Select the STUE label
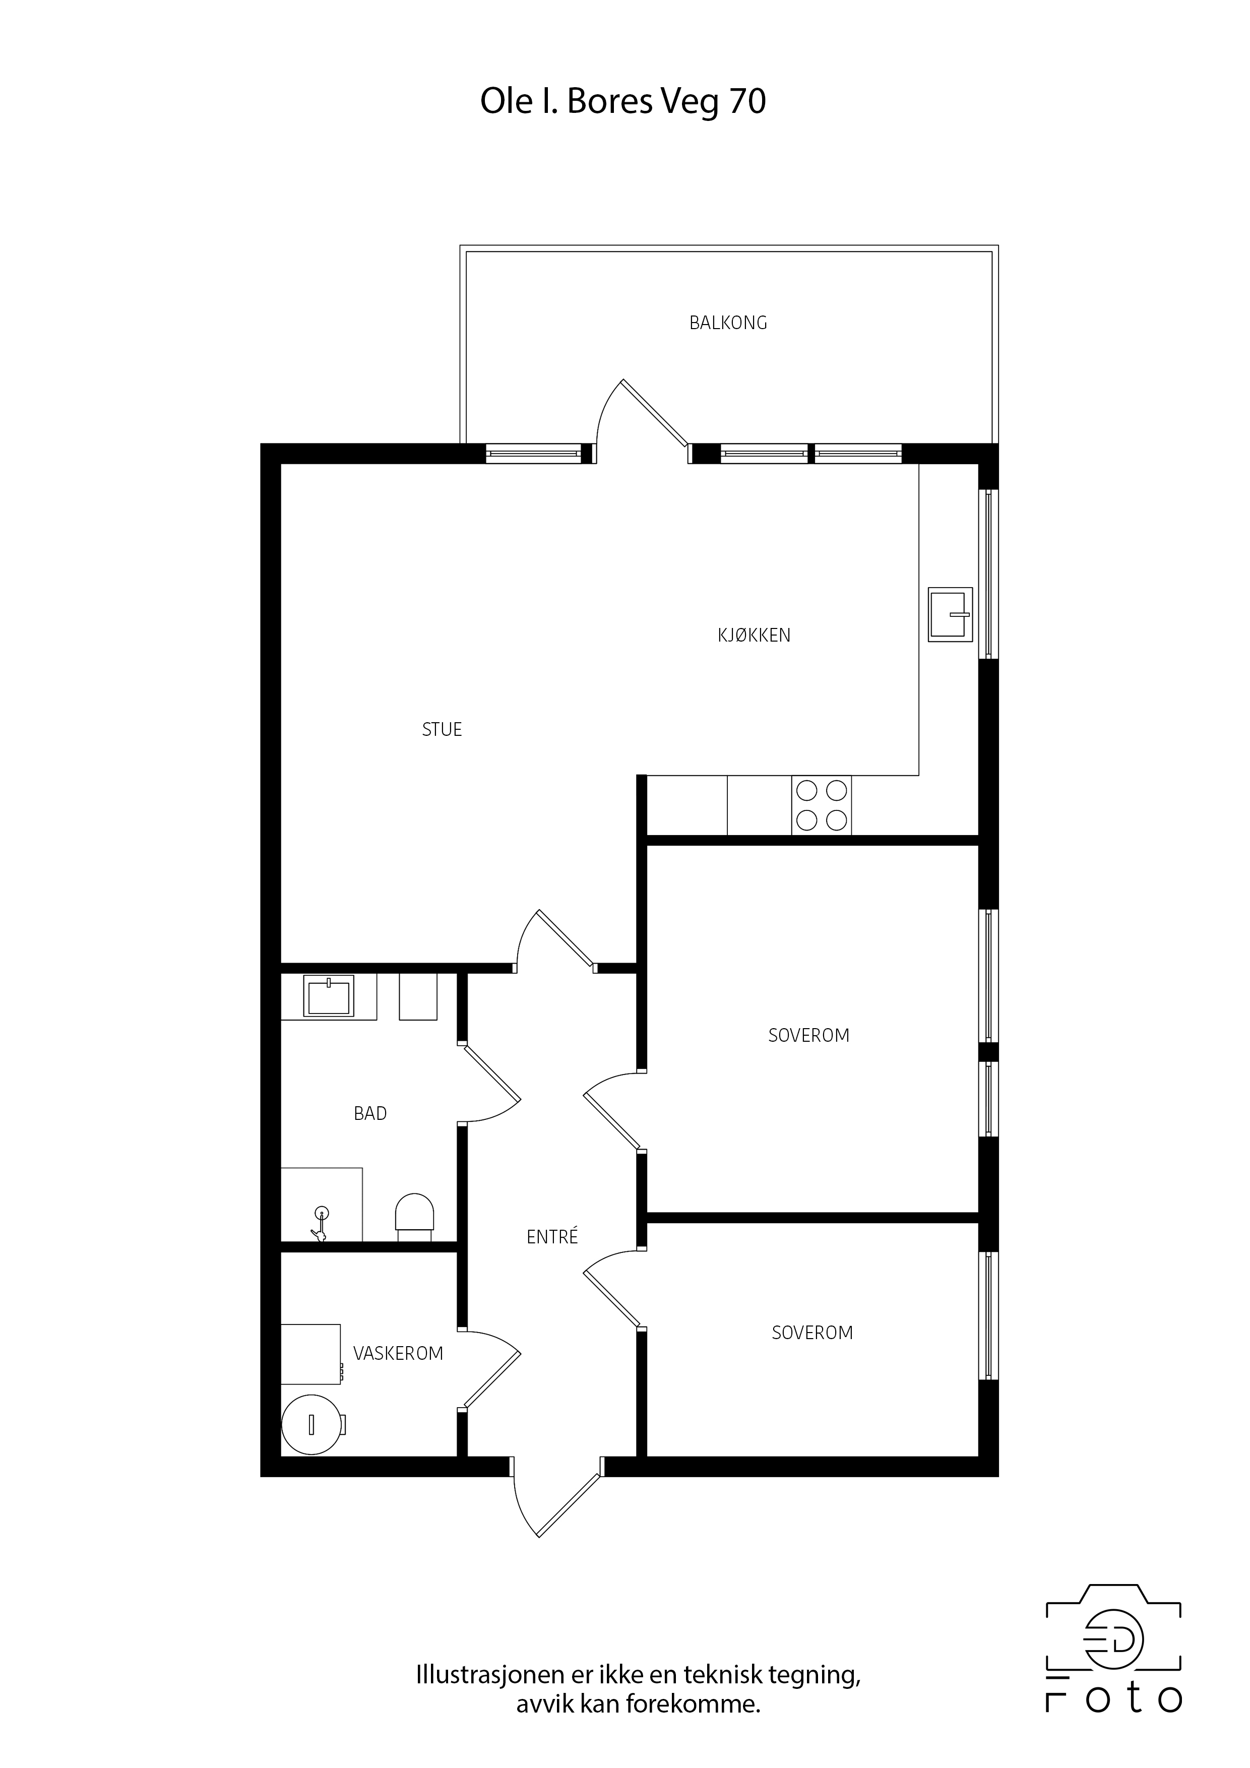pyautogui.click(x=442, y=729)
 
